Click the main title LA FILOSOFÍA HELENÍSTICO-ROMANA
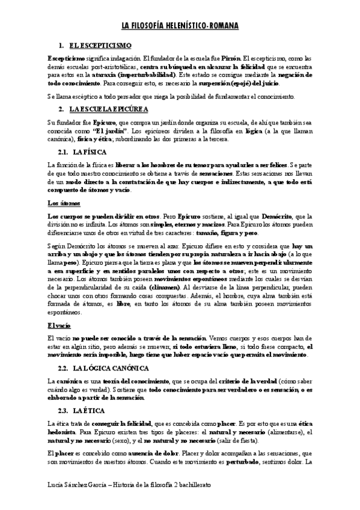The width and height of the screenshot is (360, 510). tap(180, 26)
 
